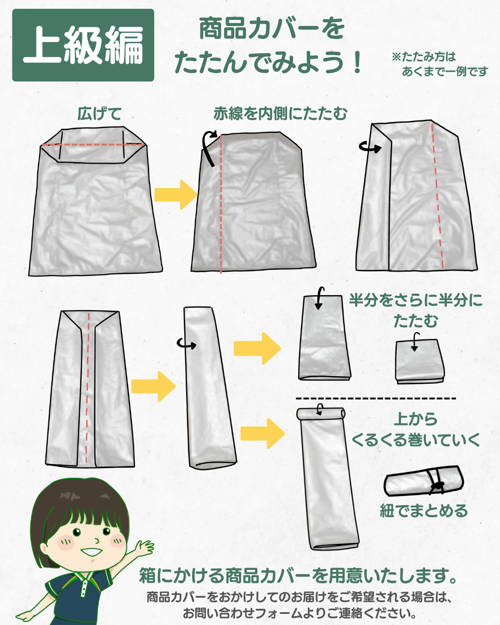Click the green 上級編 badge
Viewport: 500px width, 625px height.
point(83,45)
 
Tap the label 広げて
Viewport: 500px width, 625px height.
point(100,113)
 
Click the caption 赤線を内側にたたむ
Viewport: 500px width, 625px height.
point(281,113)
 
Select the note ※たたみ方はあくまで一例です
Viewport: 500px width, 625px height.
point(439,64)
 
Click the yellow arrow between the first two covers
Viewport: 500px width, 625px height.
point(176,194)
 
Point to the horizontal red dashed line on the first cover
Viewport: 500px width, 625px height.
point(94,144)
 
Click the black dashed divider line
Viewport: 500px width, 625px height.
point(376,399)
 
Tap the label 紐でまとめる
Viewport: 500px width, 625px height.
point(424,511)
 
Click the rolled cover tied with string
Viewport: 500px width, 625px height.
point(424,481)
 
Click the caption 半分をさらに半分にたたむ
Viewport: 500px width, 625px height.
point(415,310)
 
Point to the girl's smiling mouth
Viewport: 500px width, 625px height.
point(91,551)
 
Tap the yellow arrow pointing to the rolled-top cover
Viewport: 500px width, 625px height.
point(262,433)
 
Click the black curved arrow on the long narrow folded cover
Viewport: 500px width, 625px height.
point(186,344)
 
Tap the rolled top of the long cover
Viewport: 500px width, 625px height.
point(321,413)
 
